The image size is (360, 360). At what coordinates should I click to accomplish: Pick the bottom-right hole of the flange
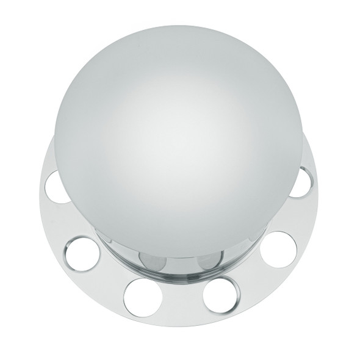[x=220, y=294]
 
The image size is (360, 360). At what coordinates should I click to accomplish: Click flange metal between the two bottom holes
[x=181, y=302]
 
